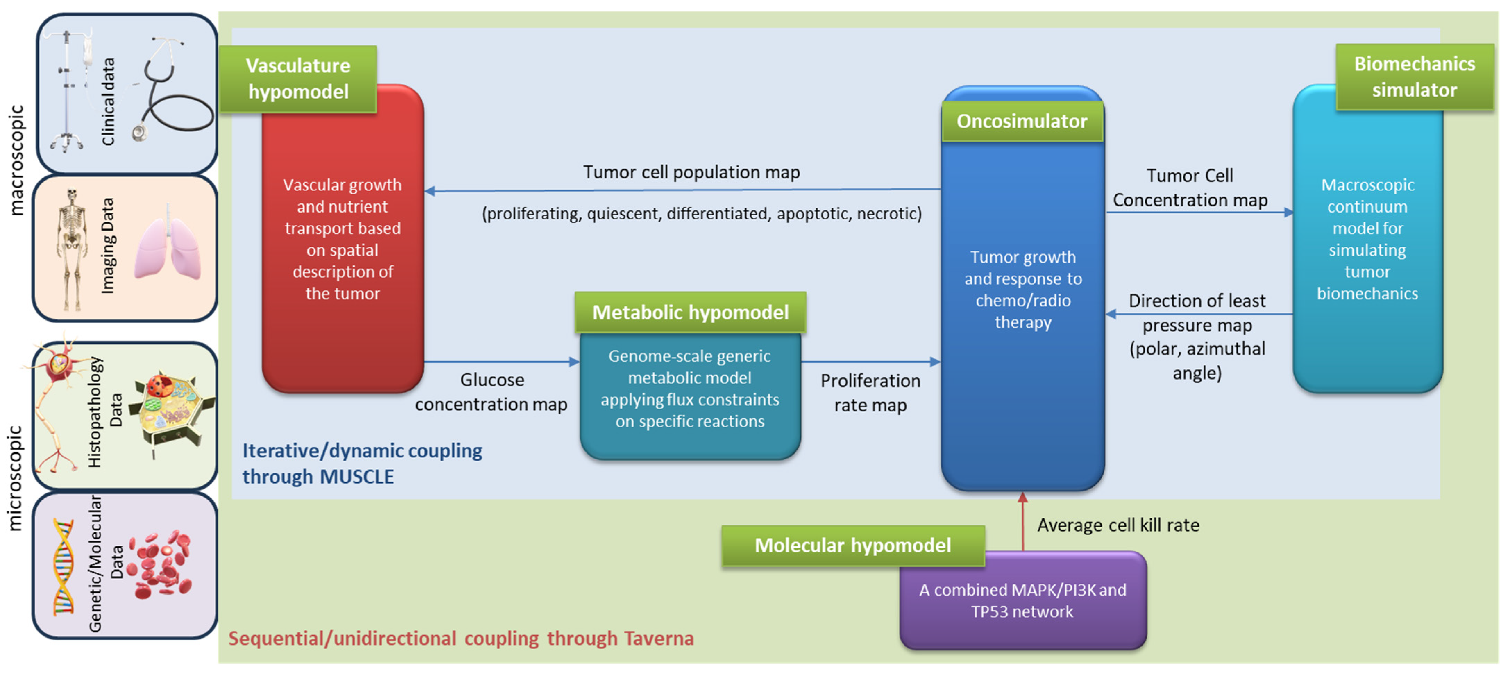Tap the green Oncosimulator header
click(1022, 121)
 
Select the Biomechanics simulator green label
click(1414, 77)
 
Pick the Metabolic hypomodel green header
click(690, 313)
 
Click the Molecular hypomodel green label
click(852, 546)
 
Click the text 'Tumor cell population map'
click(691, 172)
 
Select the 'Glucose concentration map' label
click(491, 392)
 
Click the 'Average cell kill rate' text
click(1118, 525)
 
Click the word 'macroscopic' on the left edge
click(16, 160)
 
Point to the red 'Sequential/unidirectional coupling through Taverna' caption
click(461, 638)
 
